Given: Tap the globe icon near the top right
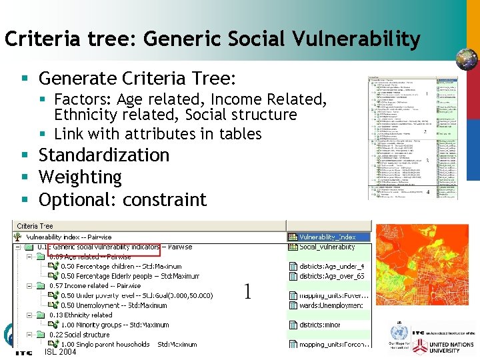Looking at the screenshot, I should [x=466, y=59].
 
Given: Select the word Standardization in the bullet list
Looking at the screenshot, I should [x=104, y=155].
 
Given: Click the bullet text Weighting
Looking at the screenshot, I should [x=80, y=177].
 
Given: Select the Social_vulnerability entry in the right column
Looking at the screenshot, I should [x=327, y=247].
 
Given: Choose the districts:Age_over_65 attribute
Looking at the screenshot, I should [x=331, y=276].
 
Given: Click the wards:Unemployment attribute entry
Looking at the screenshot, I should [x=331, y=305].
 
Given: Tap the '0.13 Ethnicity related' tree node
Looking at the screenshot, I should [x=81, y=315].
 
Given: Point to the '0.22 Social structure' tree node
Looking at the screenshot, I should [x=79, y=335].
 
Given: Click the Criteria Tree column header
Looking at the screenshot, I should [x=35, y=226].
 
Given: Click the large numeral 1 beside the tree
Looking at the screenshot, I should [x=247, y=291].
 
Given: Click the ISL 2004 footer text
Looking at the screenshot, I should [x=60, y=352].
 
